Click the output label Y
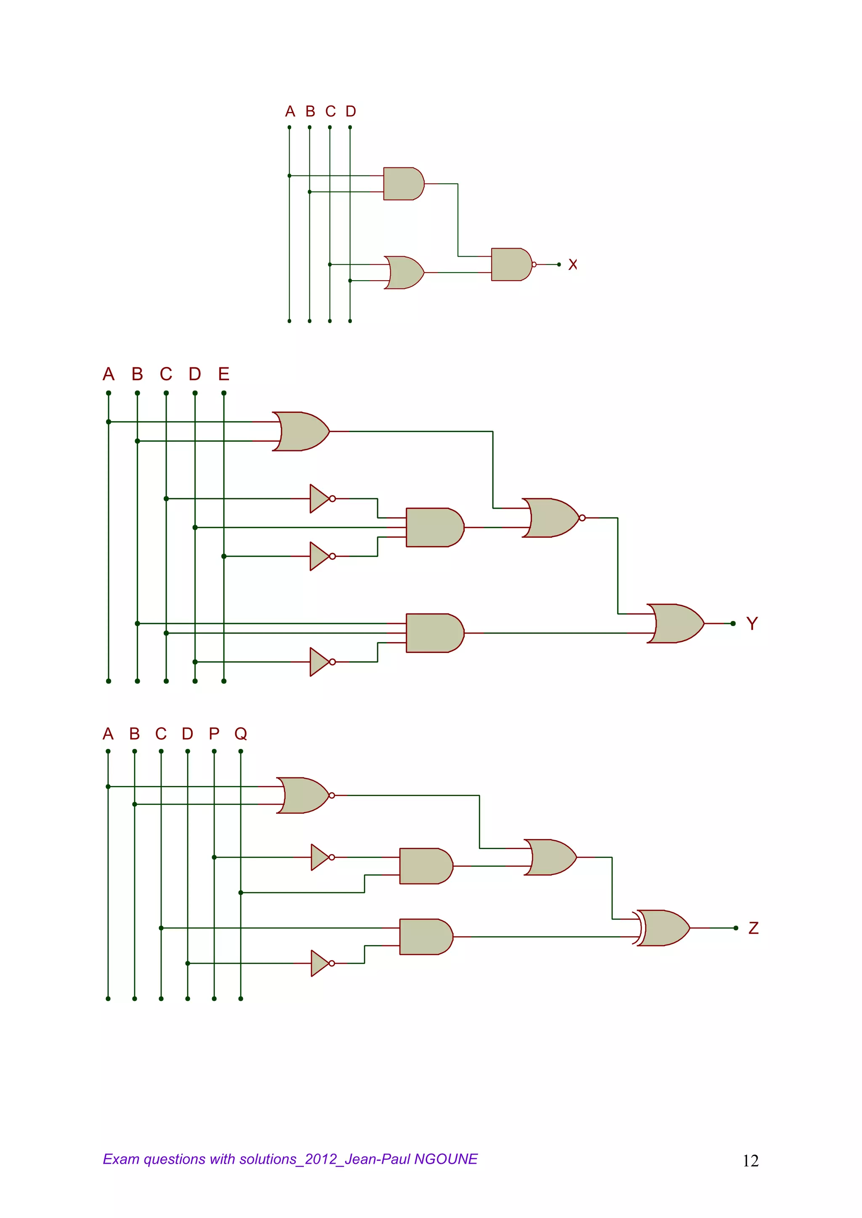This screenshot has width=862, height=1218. (x=752, y=624)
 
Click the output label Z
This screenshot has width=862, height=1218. (x=753, y=928)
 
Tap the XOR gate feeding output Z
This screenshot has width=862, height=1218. (x=662, y=928)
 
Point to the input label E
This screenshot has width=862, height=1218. (x=223, y=374)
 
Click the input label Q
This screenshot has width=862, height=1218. (x=240, y=734)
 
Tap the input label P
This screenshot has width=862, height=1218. (x=214, y=734)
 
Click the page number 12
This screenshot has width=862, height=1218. (x=750, y=1161)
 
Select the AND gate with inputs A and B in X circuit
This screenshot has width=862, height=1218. (x=403, y=183)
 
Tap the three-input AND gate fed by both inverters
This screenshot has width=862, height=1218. (x=434, y=527)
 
